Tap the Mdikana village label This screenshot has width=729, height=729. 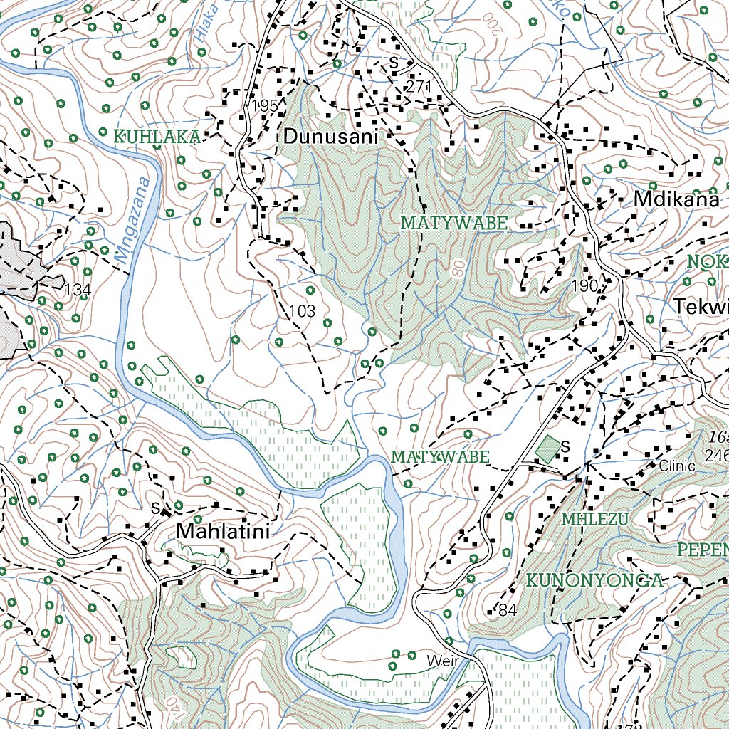pos(676,200)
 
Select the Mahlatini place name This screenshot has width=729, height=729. pos(223,531)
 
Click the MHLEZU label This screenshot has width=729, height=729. pos(594,520)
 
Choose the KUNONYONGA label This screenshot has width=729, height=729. pos(594,580)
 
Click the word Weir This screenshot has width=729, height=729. pos(440,661)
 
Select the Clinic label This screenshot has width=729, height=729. pos(676,467)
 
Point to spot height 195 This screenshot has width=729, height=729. pos(264,105)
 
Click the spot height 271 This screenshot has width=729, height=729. pos(419,86)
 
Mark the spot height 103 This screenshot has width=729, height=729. pos(302,311)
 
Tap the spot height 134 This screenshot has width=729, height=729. pos(78,290)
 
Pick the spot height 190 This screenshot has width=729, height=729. pos(584,285)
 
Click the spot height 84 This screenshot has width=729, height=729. pos(507,610)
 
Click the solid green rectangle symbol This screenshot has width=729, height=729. pos(548,449)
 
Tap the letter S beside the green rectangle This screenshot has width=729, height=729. pos(566,447)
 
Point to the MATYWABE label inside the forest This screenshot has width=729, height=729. pos(454,223)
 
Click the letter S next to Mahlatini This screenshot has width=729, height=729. pos(155,508)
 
